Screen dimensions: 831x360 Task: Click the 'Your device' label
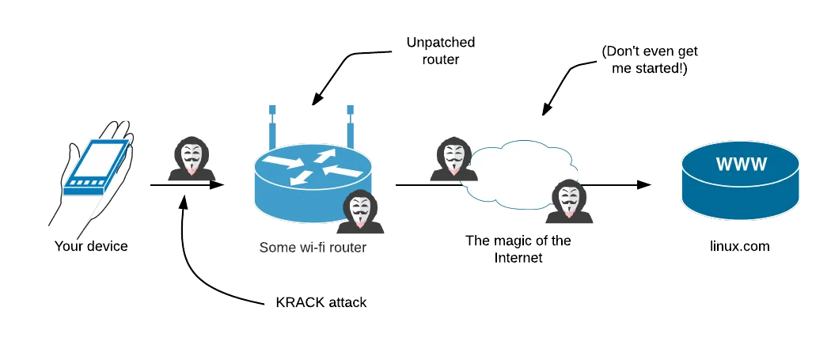[91, 246]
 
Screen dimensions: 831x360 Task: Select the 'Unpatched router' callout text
[440, 51]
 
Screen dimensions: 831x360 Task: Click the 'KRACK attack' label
[321, 303]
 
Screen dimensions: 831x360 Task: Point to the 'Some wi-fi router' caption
[313, 247]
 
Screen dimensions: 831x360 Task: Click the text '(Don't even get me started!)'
[649, 60]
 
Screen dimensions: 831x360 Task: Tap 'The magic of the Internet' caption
[518, 249]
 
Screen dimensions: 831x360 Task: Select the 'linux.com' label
[740, 246]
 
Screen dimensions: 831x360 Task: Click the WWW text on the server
[741, 164]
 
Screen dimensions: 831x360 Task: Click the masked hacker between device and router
[192, 158]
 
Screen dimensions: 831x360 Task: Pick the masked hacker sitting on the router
[360, 211]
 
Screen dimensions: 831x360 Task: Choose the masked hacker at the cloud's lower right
[569, 201]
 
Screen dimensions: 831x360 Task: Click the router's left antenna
[272, 127]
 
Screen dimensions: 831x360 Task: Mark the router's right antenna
[351, 127]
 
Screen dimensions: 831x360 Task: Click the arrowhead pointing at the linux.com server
[644, 184]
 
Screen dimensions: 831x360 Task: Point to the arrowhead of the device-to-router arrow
[218, 185]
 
